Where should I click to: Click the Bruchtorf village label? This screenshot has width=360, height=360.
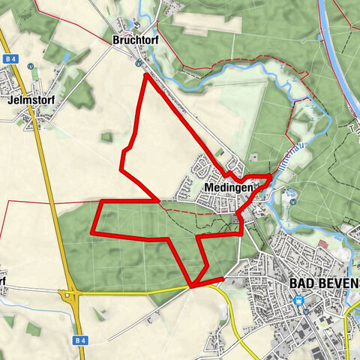click(133, 39)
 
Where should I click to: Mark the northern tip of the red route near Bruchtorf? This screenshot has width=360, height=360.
click(145, 75)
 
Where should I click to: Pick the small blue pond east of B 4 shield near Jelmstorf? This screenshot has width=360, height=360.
click(66, 57)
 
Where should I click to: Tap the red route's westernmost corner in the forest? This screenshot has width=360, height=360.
click(92, 232)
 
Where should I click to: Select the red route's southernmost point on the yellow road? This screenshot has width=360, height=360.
click(192, 286)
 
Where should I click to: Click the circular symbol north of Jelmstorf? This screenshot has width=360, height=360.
click(31, 65)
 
